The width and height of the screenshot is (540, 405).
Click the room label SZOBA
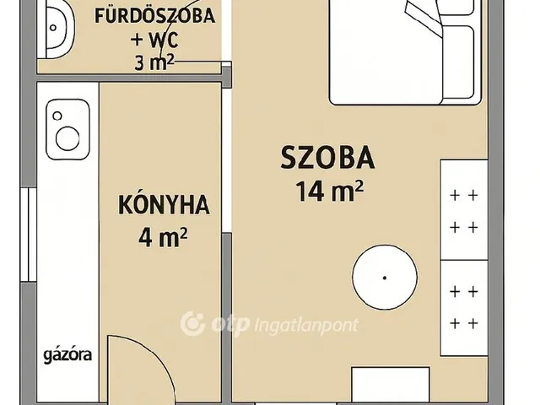[327, 158]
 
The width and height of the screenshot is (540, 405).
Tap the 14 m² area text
[329, 192]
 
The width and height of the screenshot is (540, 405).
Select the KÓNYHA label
[164, 205]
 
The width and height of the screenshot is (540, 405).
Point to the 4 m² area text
[163, 239]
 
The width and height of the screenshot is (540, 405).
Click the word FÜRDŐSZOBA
[154, 16]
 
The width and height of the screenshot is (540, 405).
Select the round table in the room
[385, 278]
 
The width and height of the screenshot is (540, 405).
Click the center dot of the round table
[385, 278]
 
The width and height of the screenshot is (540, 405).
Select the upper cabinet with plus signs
[463, 210]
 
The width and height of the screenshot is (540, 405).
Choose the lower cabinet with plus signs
[463, 305]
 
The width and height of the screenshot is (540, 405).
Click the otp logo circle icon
[193, 323]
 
